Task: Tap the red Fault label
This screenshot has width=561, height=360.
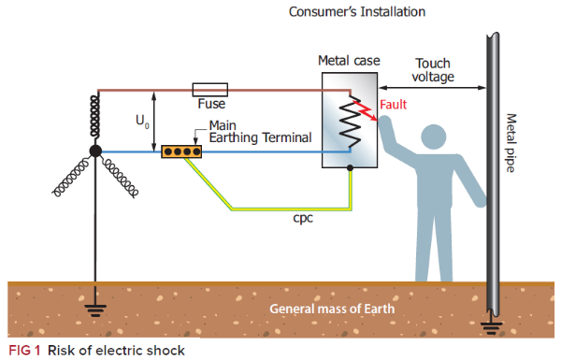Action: (x=392, y=105)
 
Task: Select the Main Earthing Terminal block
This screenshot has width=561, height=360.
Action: (x=184, y=151)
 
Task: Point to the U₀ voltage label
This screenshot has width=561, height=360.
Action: (x=142, y=121)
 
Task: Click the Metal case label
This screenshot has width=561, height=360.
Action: (x=349, y=61)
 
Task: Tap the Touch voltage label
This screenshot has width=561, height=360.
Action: (x=434, y=70)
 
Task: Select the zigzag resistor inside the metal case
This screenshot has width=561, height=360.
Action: (x=350, y=122)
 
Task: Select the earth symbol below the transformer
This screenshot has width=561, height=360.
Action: (x=95, y=306)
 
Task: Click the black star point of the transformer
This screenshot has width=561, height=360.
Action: (x=95, y=151)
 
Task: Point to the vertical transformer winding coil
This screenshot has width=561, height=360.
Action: (x=95, y=117)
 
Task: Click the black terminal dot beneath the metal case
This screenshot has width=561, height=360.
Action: (x=350, y=169)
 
